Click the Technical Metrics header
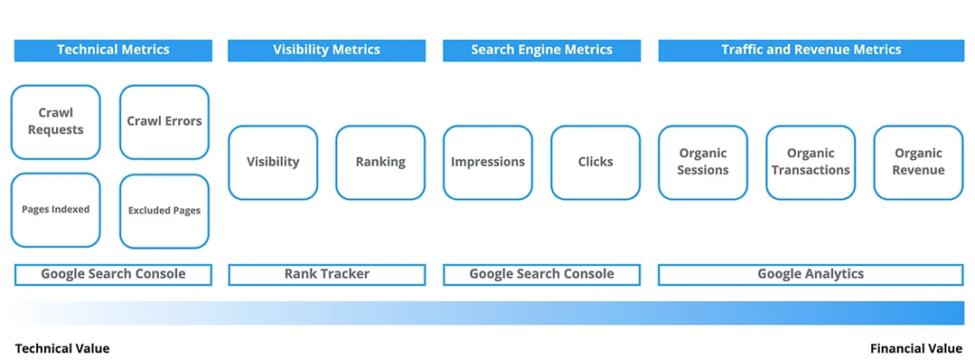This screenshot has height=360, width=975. pyautogui.click(x=113, y=50)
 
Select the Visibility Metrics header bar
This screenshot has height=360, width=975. pyautogui.click(x=327, y=50)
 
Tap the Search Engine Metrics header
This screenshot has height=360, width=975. pyautogui.click(x=542, y=50)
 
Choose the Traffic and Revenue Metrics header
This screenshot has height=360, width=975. pyautogui.click(x=811, y=50)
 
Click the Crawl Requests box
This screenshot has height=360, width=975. pyautogui.click(x=55, y=122)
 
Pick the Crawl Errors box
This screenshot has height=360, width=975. pyautogui.click(x=164, y=122)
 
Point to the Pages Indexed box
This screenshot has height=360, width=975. pyautogui.click(x=55, y=210)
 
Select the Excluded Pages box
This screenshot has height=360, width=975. pyautogui.click(x=164, y=210)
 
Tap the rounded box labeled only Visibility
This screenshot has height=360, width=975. pyautogui.click(x=273, y=162)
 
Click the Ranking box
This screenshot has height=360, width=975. pyautogui.click(x=381, y=162)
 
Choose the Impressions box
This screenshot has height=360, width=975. pyautogui.click(x=488, y=162)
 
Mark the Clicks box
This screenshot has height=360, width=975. pyautogui.click(x=596, y=162)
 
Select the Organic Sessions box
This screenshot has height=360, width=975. pyautogui.click(x=703, y=162)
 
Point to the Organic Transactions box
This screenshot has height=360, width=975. pyautogui.click(x=811, y=162)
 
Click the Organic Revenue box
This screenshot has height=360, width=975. pyautogui.click(x=919, y=162)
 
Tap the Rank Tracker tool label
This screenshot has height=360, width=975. pyautogui.click(x=327, y=274)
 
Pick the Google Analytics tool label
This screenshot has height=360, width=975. pyautogui.click(x=811, y=274)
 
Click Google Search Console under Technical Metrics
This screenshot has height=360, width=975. pyautogui.click(x=113, y=274)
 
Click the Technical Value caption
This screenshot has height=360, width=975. pyautogui.click(x=62, y=349)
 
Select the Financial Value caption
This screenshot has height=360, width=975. pyautogui.click(x=916, y=349)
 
